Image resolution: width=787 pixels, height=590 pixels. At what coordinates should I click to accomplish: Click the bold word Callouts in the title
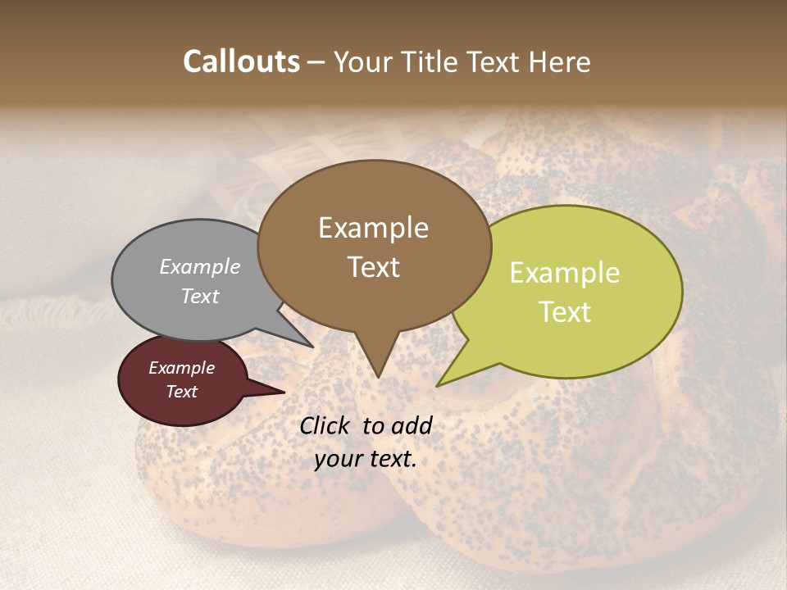click(241, 61)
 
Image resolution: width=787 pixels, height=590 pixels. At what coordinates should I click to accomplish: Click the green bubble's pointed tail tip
click(438, 385)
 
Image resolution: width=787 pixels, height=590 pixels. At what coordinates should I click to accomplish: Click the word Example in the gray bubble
click(200, 267)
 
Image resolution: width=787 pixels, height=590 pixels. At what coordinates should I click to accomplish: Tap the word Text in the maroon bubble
click(182, 392)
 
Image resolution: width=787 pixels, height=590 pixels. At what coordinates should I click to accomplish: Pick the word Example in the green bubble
click(565, 273)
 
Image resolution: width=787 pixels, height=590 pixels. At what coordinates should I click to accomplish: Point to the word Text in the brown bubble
click(374, 267)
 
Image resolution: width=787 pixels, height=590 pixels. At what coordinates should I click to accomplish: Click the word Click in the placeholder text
click(326, 425)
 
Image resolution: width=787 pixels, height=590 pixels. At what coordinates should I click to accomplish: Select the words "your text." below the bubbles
click(366, 459)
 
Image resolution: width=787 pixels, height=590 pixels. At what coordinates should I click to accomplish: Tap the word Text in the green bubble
click(566, 311)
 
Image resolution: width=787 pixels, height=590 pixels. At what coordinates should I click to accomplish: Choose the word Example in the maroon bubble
click(182, 368)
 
